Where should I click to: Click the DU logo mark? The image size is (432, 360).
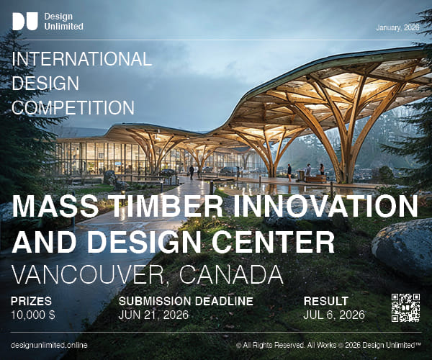pyautogui.click(x=25, y=22)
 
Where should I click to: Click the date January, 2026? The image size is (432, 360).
pyautogui.click(x=397, y=28)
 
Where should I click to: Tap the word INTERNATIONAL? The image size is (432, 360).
pyautogui.click(x=82, y=59)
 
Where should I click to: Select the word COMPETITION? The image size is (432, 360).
pyautogui.click(x=74, y=108)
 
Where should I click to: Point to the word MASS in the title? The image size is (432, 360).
pyautogui.click(x=53, y=207)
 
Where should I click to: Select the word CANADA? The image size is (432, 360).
pyautogui.click(x=227, y=274)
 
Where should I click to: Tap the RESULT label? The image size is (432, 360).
pyautogui.click(x=325, y=301)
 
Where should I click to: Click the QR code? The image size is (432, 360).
pyautogui.click(x=405, y=307)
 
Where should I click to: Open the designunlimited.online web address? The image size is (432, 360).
pyautogui.click(x=50, y=345)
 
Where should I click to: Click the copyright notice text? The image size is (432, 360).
pyautogui.click(x=328, y=345)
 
